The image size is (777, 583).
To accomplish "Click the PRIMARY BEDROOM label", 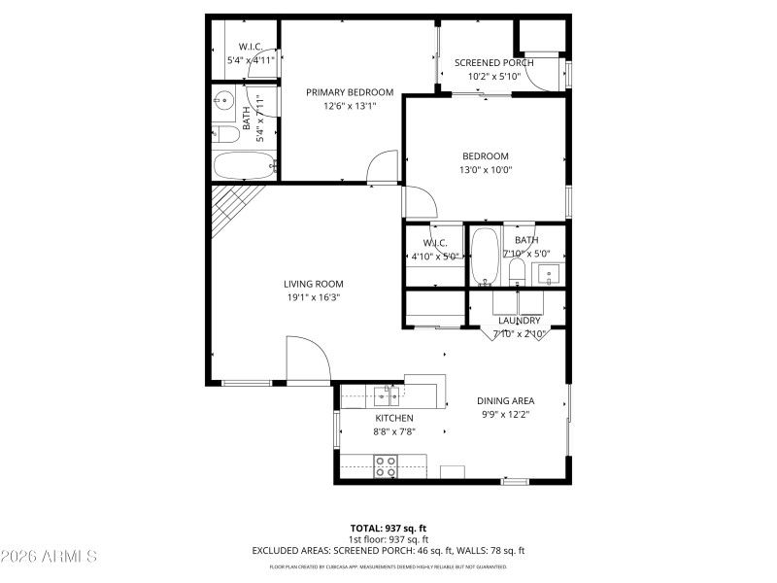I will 341,92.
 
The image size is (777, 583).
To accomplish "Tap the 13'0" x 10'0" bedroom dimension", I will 485,170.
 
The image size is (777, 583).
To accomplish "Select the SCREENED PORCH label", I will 494,63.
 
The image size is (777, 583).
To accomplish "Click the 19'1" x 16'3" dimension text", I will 312,298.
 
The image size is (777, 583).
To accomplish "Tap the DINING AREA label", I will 505,400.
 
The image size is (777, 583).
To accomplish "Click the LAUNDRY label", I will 519,321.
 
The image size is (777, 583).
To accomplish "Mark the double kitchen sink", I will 389,394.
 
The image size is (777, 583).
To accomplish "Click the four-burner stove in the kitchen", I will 386,463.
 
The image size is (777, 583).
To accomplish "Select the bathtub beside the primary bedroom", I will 244,166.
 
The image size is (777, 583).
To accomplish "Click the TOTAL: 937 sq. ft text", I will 388,528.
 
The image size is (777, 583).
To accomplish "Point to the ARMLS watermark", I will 49,557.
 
